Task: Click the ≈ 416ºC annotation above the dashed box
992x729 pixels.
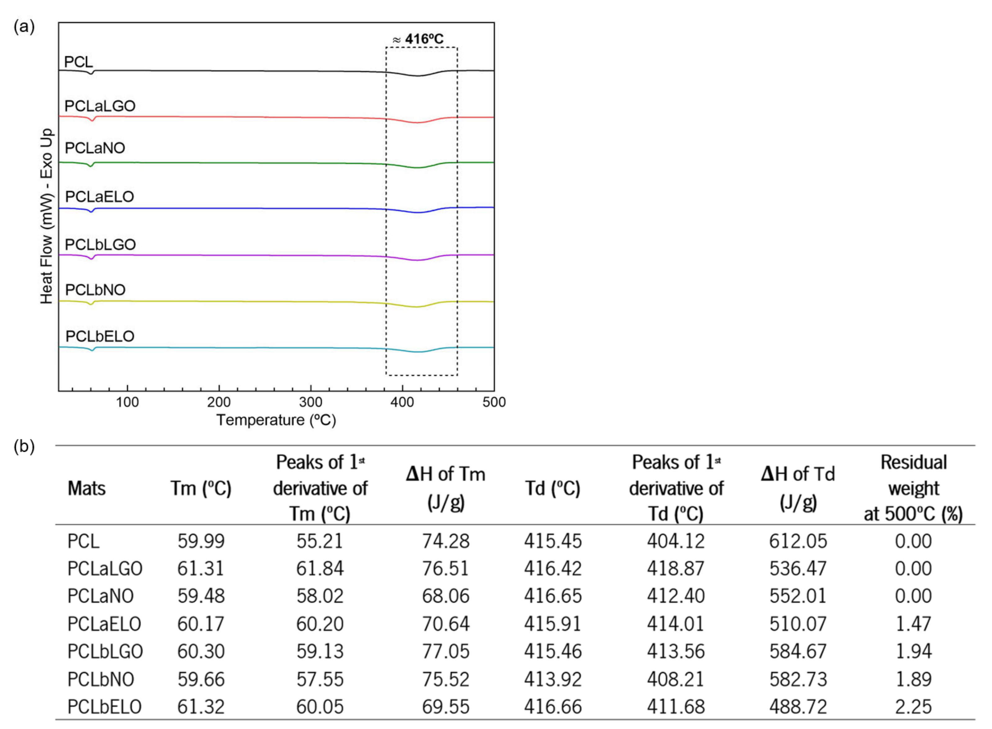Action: (418, 39)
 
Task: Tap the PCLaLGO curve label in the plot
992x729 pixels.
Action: (100, 106)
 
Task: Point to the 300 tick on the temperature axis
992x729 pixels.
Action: (310, 402)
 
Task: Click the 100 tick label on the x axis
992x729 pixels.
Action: (128, 402)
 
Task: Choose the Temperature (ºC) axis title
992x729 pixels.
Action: (276, 420)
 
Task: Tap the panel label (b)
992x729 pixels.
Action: (24, 446)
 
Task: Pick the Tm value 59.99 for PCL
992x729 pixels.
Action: (201, 541)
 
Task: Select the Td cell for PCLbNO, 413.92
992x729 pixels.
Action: (553, 679)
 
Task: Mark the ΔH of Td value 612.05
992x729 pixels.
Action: (798, 541)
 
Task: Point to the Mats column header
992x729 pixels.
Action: (87, 488)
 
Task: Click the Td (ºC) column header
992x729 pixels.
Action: (553, 488)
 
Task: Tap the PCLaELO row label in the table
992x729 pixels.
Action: (104, 623)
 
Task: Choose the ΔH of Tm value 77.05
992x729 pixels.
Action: (445, 651)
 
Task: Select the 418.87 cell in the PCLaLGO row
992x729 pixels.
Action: (676, 568)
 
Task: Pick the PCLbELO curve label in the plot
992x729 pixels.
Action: (100, 336)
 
